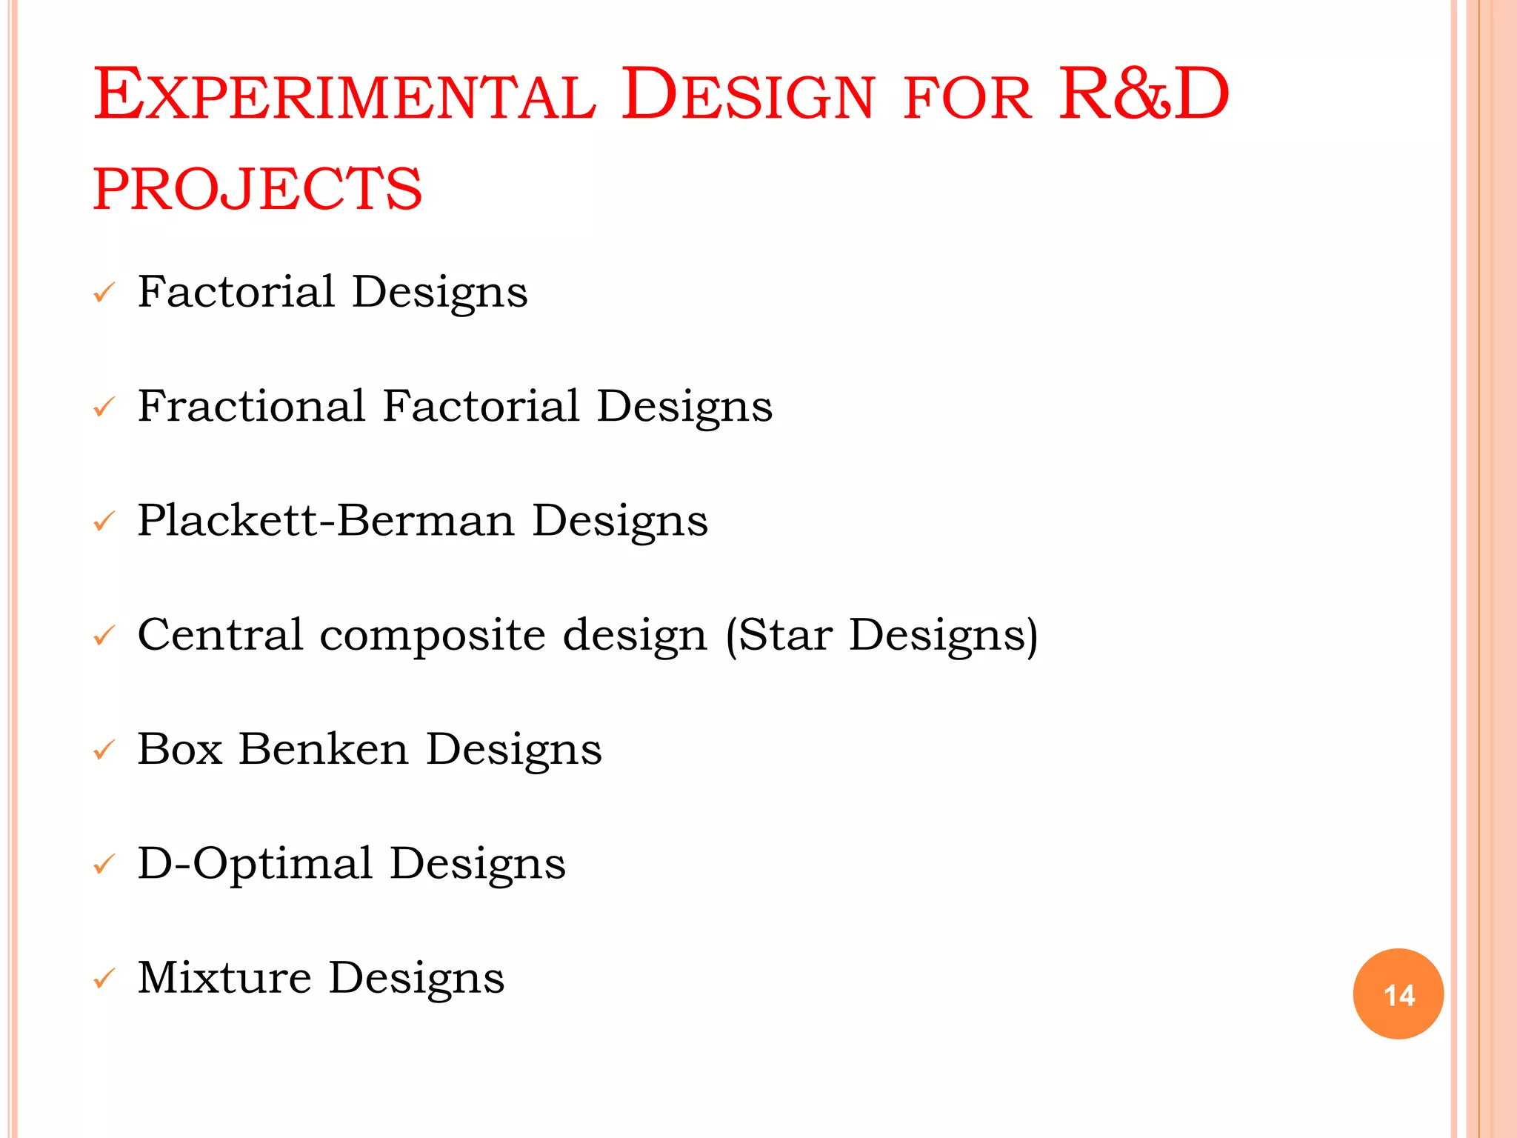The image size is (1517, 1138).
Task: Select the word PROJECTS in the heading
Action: pyautogui.click(x=258, y=189)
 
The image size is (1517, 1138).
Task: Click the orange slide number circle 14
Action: pyautogui.click(x=1398, y=994)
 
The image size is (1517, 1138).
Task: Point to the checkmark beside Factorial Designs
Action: pyautogui.click(x=104, y=293)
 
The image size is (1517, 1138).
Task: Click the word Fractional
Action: pyautogui.click(x=252, y=406)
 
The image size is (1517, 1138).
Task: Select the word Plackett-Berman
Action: pyautogui.click(x=326, y=520)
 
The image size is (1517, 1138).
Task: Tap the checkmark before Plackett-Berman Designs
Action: pyautogui.click(x=104, y=522)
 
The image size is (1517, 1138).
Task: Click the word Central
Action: pyautogui.click(x=220, y=635)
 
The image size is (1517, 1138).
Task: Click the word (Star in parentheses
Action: pyautogui.click(x=778, y=635)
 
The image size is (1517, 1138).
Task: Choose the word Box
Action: pyautogui.click(x=180, y=749)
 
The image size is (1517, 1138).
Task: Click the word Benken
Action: pyautogui.click(x=324, y=749)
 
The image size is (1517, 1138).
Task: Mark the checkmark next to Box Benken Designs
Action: pyautogui.click(x=104, y=751)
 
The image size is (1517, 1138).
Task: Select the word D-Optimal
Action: pyautogui.click(x=255, y=864)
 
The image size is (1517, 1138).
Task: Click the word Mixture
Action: pyautogui.click(x=224, y=977)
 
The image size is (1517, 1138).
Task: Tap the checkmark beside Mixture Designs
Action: pyautogui.click(x=104, y=979)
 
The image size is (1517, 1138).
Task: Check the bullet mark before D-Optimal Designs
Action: pyautogui.click(x=104, y=865)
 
